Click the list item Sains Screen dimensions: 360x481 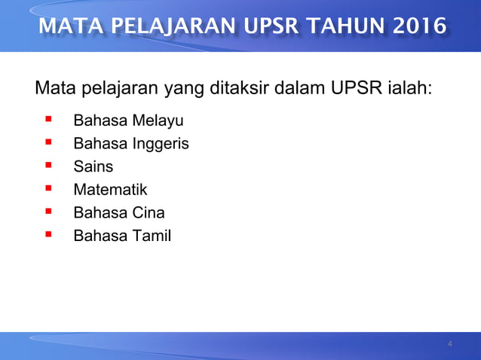pos(93,166)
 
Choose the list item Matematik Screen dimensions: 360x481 pos(110,190)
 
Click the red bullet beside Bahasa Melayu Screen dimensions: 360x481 pos(48,119)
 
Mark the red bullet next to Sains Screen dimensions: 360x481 pos(48,166)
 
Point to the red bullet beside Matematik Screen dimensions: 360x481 pos(48,189)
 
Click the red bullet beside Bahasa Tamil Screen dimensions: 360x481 pos(48,236)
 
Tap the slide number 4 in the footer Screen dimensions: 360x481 pos(450,345)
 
